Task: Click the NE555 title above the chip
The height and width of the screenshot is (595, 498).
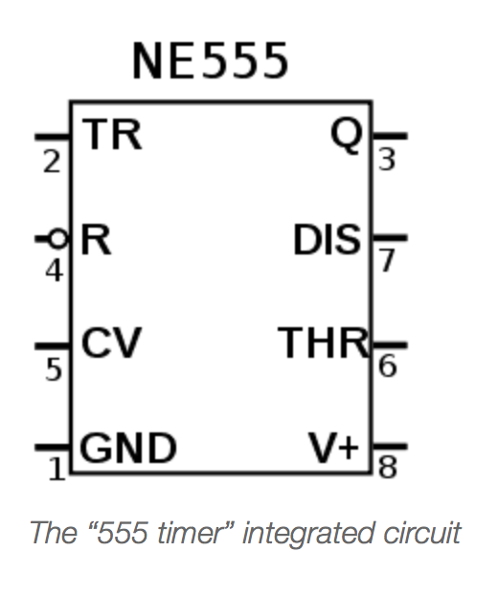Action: [x=211, y=61]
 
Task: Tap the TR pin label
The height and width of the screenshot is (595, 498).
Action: [x=112, y=134]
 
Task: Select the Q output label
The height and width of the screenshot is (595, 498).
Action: [x=346, y=135]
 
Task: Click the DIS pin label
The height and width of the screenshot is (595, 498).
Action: [x=328, y=239]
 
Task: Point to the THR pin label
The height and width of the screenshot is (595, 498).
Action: [x=324, y=342]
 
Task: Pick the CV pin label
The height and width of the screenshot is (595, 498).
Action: [x=111, y=342]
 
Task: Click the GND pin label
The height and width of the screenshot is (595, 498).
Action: [x=128, y=448]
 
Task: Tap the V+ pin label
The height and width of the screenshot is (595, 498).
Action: [x=334, y=448]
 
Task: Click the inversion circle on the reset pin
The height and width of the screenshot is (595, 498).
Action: [x=58, y=239]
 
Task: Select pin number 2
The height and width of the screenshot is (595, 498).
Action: [x=52, y=162]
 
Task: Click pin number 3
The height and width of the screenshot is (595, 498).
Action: [x=387, y=160]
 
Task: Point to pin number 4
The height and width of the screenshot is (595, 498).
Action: [x=55, y=271]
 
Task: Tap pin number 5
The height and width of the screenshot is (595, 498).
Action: [x=54, y=369]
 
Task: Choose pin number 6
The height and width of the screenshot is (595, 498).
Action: [x=388, y=365]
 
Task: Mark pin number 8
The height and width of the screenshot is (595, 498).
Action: [x=388, y=467]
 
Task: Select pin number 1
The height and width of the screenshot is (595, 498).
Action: [x=57, y=469]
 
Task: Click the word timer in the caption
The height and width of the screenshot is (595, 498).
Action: [x=192, y=533]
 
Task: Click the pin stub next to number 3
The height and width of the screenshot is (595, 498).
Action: [x=390, y=136]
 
